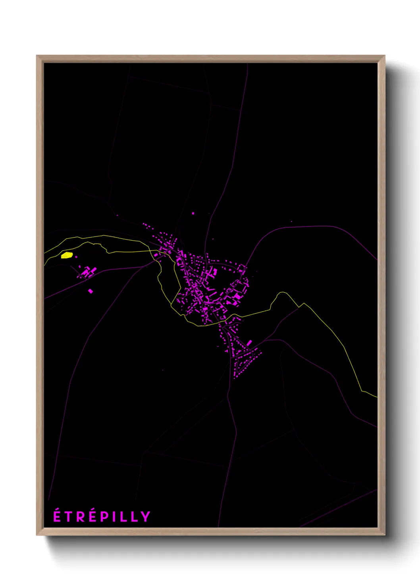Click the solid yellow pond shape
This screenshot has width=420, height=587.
tap(67, 255)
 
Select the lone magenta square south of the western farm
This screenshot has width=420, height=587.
tap(91, 291)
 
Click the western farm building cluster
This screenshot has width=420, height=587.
tap(87, 272)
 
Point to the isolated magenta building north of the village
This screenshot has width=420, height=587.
tap(193, 213)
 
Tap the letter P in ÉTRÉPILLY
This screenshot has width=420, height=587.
tap(106, 517)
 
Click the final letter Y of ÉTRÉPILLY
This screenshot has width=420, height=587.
tap(146, 517)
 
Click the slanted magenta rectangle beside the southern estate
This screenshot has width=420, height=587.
tap(249, 342)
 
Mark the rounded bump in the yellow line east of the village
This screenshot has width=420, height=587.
tap(282, 293)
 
